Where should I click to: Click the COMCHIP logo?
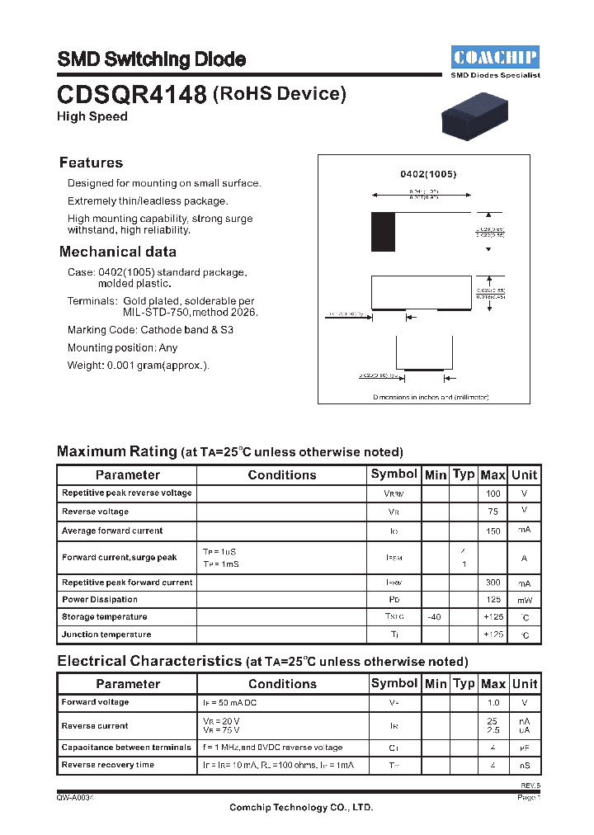[495, 57]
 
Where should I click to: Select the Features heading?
[91, 163]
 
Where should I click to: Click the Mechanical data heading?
[117, 252]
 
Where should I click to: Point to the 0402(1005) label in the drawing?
[428, 174]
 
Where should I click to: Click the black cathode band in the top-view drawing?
[383, 232]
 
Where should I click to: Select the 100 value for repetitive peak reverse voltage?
[493, 493]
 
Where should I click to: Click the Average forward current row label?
[112, 531]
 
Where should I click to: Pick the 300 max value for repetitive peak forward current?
[493, 583]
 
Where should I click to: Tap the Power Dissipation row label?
[100, 600]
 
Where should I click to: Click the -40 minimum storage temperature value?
[435, 617]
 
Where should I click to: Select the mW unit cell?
[525, 600]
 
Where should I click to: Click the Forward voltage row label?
[96, 702]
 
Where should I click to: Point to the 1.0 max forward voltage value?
[493, 703]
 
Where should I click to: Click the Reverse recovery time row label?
[108, 765]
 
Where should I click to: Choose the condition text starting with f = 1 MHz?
[271, 748]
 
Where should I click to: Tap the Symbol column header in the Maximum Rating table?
[394, 474]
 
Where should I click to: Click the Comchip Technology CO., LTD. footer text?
[301, 808]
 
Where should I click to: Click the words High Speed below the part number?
[92, 116]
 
